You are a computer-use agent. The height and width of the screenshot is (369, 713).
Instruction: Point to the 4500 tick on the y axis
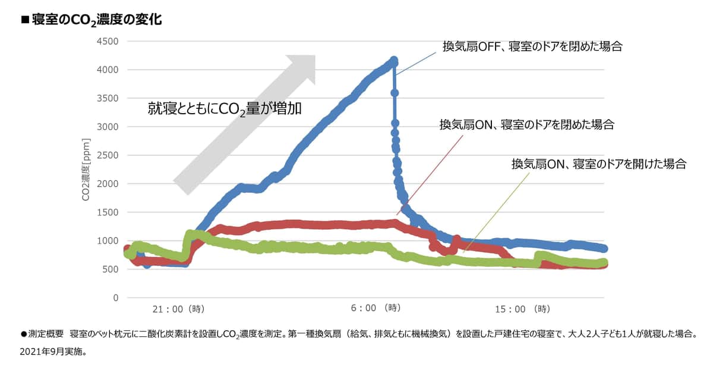(x=107, y=41)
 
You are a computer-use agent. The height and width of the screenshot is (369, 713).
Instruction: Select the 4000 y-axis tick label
(x=107, y=70)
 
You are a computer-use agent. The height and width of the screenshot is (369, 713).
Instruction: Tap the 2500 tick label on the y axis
(x=107, y=155)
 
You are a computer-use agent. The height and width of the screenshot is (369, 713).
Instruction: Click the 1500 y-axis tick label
(x=107, y=212)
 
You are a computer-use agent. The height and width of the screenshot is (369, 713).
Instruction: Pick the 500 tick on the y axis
(x=111, y=269)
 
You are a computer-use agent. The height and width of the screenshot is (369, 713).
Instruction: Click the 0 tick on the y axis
(x=116, y=298)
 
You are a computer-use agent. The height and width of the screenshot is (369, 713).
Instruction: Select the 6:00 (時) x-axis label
(x=376, y=308)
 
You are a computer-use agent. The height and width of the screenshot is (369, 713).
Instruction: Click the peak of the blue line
(x=393, y=61)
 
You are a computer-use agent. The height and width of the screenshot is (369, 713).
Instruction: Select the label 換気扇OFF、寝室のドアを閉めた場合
(x=532, y=46)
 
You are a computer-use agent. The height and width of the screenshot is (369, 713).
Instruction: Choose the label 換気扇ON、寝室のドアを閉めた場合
(x=526, y=125)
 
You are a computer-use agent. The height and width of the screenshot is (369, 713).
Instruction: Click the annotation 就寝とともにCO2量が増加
(x=225, y=109)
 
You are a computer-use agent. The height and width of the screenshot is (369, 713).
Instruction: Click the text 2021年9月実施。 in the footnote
(x=54, y=352)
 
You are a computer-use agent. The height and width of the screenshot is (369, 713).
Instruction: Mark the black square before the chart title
(x=25, y=20)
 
